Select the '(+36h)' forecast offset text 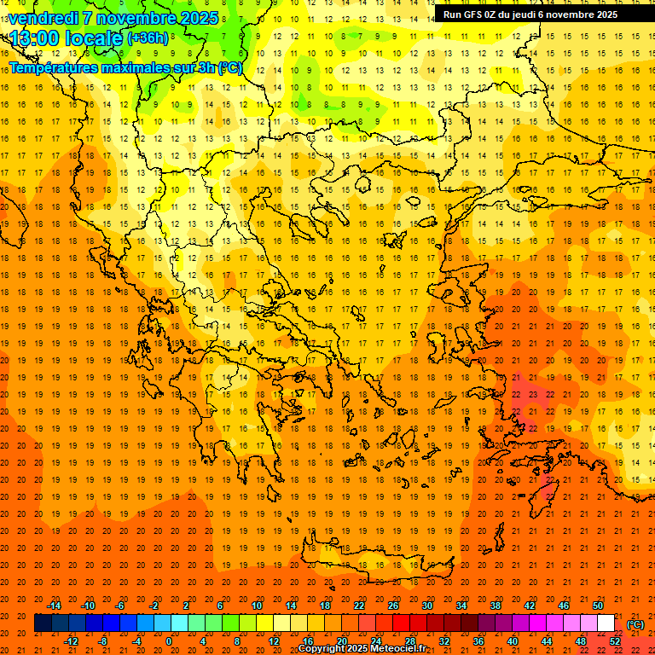(x=147, y=38)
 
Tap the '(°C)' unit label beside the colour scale (x=635, y=623)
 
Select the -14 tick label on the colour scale (x=53, y=606)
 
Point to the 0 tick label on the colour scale (x=169, y=641)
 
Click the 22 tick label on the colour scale (x=359, y=606)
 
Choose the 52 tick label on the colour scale (x=615, y=641)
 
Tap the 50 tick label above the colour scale (x=598, y=606)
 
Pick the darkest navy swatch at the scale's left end (x=43, y=623)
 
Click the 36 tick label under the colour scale (x=478, y=641)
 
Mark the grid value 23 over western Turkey (x=532, y=395)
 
